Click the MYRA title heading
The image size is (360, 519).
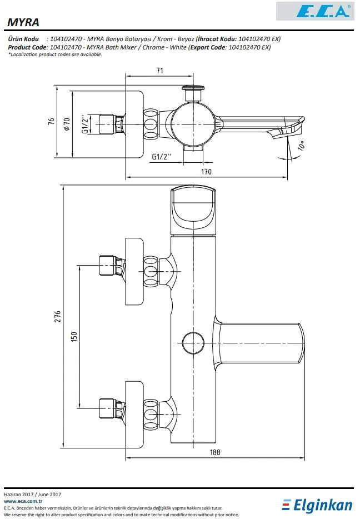pos(23,22)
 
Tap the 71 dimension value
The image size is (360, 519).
pos(160,71)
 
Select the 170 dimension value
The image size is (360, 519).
pos(206,172)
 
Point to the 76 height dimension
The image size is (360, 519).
pos(51,121)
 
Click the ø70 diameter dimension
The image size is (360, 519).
pos(67,124)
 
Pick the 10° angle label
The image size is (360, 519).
pos(301,146)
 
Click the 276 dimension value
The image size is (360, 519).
pos(58,316)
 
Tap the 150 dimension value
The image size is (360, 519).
pos(74,337)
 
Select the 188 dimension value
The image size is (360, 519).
pos(215,452)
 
